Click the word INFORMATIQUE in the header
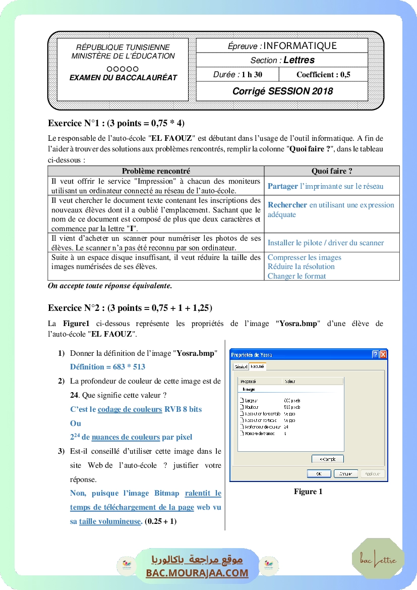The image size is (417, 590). click(x=300, y=46)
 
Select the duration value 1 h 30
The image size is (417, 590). click(x=252, y=75)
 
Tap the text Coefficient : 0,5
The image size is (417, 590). click(x=323, y=75)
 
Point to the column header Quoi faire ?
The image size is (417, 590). click(x=331, y=171)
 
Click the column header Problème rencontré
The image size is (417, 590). click(x=156, y=171)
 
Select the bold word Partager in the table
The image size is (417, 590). click(x=283, y=186)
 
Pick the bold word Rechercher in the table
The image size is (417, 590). click(x=287, y=205)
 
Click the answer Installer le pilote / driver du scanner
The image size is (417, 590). click(x=326, y=243)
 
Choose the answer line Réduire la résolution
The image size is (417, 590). click(x=301, y=266)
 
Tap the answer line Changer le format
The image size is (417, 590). click(x=296, y=276)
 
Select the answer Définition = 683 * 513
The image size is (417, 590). click(x=107, y=367)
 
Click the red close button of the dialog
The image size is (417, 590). click(x=383, y=355)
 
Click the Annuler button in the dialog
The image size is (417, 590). click(x=345, y=474)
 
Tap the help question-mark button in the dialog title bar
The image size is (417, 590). click(x=375, y=355)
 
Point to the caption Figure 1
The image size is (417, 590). click(x=308, y=492)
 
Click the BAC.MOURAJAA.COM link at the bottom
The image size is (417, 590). click(x=197, y=573)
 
